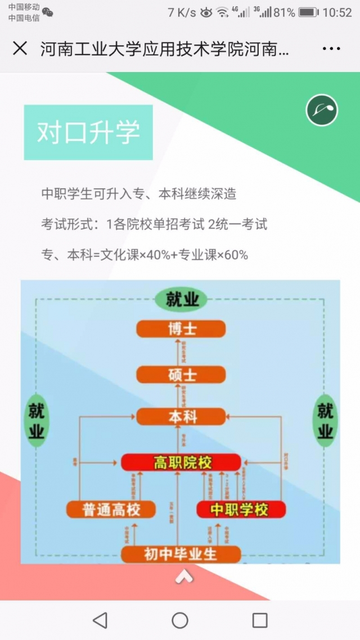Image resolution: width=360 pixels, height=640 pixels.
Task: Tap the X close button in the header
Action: pyautogui.click(x=20, y=48)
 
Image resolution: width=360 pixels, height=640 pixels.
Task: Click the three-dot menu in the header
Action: pyautogui.click(x=331, y=49)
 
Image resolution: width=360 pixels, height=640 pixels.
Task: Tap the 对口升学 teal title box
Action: pyautogui.click(x=88, y=132)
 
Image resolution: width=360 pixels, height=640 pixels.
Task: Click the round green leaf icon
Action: pyautogui.click(x=322, y=110)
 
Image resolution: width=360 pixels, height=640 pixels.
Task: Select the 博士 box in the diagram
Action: pyautogui.click(x=181, y=329)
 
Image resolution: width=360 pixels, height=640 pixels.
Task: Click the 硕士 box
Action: pyautogui.click(x=181, y=375)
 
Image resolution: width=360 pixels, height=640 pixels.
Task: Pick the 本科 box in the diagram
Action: pyautogui.click(x=181, y=417)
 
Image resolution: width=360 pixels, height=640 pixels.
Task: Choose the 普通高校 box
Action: pyautogui.click(x=111, y=510)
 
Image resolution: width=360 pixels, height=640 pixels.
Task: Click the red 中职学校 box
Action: pyautogui.click(x=241, y=510)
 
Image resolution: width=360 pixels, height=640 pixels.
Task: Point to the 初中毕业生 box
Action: pyautogui.click(x=181, y=554)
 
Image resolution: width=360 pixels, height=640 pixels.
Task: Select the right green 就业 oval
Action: pyautogui.click(x=325, y=420)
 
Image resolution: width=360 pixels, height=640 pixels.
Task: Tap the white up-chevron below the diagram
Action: pyautogui.click(x=184, y=576)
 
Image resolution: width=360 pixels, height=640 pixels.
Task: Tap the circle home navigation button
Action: pyautogui.click(x=180, y=620)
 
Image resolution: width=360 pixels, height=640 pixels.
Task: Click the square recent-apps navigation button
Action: pyautogui.click(x=260, y=620)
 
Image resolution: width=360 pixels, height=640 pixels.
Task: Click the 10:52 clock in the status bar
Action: pyautogui.click(x=337, y=12)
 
